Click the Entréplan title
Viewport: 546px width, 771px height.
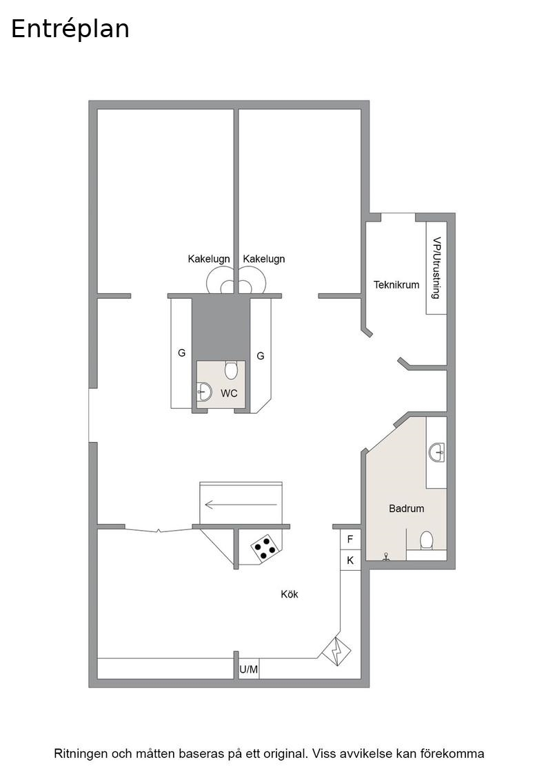click(70, 29)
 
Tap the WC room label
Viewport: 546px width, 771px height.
click(229, 393)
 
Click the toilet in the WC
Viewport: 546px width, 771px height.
click(231, 370)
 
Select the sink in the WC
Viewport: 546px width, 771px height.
click(204, 392)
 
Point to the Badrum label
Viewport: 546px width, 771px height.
click(406, 509)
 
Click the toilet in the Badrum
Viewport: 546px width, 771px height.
click(426, 540)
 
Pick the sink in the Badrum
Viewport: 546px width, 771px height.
click(436, 452)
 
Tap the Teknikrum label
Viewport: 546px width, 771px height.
click(396, 285)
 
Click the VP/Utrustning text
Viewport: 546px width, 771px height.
click(436, 268)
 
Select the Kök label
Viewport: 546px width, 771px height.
click(290, 594)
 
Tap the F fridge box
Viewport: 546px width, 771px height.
click(350, 540)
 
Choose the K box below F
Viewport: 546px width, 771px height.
click(350, 560)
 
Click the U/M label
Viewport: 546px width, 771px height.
click(249, 669)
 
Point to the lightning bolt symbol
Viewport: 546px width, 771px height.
click(336, 651)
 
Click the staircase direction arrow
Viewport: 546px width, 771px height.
click(241, 505)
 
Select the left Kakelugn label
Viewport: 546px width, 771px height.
click(209, 259)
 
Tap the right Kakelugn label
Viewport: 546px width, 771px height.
click(264, 259)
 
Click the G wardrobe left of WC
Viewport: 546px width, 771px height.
click(182, 352)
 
